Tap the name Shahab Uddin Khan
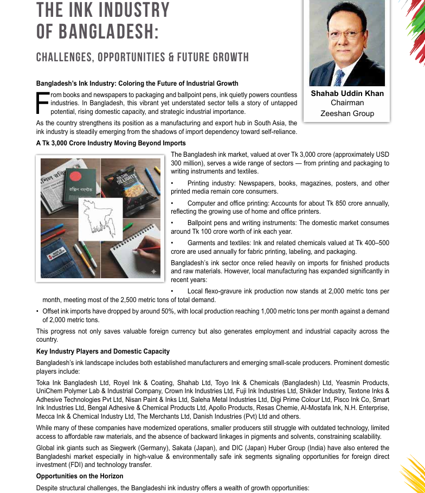pyautogui.click(x=347, y=93)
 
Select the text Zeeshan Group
pyautogui.click(x=347, y=113)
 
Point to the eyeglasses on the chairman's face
pyautogui.click(x=346, y=34)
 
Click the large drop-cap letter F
pyautogui.click(x=41, y=103)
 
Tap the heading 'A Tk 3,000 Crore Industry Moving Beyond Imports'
pyautogui.click(x=111, y=143)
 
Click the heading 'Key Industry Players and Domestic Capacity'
pyautogui.click(x=102, y=351)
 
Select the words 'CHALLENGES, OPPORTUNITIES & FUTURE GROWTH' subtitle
pyautogui.click(x=142, y=57)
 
